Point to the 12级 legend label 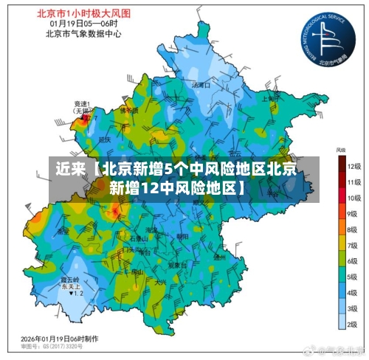pos(354,166)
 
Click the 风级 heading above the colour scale pos(342,150)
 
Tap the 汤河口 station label pos(201,85)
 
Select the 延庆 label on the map pos(105,139)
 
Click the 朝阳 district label pos(183,237)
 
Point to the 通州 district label pos(219,257)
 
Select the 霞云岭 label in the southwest pos(69,280)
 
